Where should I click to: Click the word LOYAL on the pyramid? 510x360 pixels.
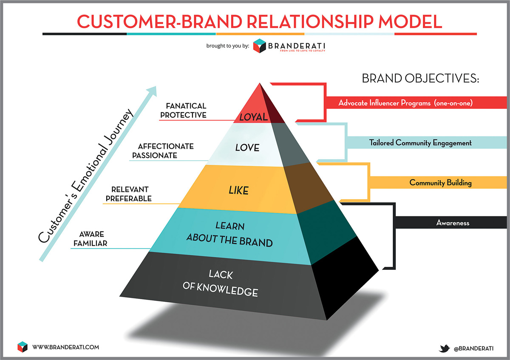pos(254,117)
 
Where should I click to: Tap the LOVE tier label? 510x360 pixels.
pos(247,148)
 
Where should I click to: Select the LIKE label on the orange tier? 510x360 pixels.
pos(238,191)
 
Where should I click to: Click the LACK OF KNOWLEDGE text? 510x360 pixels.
pos(220,283)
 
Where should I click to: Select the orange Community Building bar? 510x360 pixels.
pos(440,183)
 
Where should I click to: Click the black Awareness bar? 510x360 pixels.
pos(452,222)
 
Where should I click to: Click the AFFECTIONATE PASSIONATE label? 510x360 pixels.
pos(163,151)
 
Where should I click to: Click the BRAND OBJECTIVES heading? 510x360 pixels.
pos(420,79)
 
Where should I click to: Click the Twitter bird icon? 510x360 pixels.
pos(445,348)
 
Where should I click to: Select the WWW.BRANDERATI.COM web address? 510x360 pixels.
pos(65,347)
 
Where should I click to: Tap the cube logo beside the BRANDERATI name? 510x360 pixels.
pos(259,46)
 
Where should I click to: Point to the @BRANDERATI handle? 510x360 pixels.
pos(473,348)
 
